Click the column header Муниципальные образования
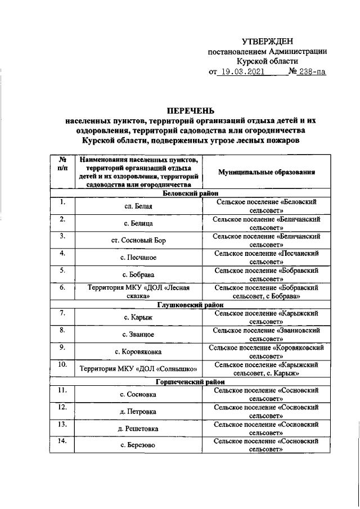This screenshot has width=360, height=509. tap(266, 172)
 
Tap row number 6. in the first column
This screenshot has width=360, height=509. tap(63, 288)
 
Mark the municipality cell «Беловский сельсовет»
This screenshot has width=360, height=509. tap(266, 206)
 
